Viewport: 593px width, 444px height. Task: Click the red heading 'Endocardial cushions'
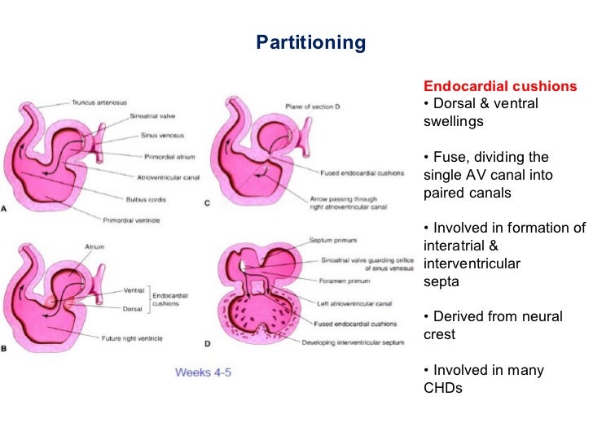click(500, 86)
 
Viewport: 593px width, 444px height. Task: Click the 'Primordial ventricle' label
click(134, 219)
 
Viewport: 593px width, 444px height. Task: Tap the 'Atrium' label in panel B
click(95, 246)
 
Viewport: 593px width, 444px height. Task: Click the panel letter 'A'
click(6, 209)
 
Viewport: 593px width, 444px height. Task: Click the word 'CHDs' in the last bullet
click(443, 388)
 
